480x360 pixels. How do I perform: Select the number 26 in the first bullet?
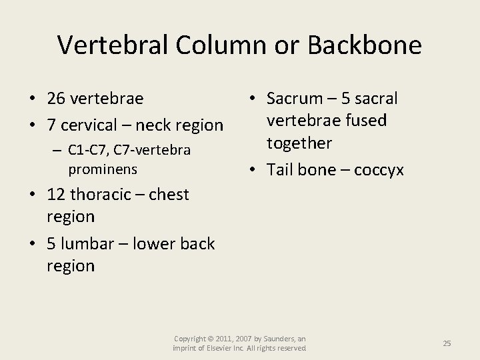click(57, 99)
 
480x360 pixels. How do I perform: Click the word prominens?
click(103, 169)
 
